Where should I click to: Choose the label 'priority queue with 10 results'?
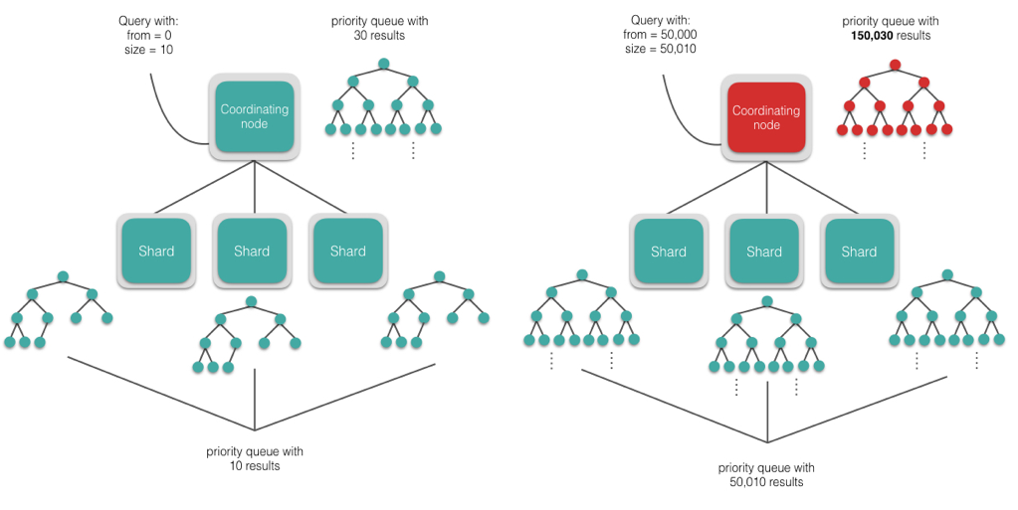pos(255,458)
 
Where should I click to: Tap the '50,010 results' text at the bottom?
pos(766,482)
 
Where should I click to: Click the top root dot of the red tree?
pos(895,66)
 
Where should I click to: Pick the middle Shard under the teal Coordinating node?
pos(252,252)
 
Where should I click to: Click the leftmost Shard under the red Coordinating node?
pos(668,252)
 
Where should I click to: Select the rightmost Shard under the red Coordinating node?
pos(859,252)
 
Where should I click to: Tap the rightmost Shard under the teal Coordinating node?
pos(348,252)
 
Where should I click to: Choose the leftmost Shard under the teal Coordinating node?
pos(156,252)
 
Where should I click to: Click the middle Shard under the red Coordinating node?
pos(764,252)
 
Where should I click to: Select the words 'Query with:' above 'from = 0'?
pos(149,20)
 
